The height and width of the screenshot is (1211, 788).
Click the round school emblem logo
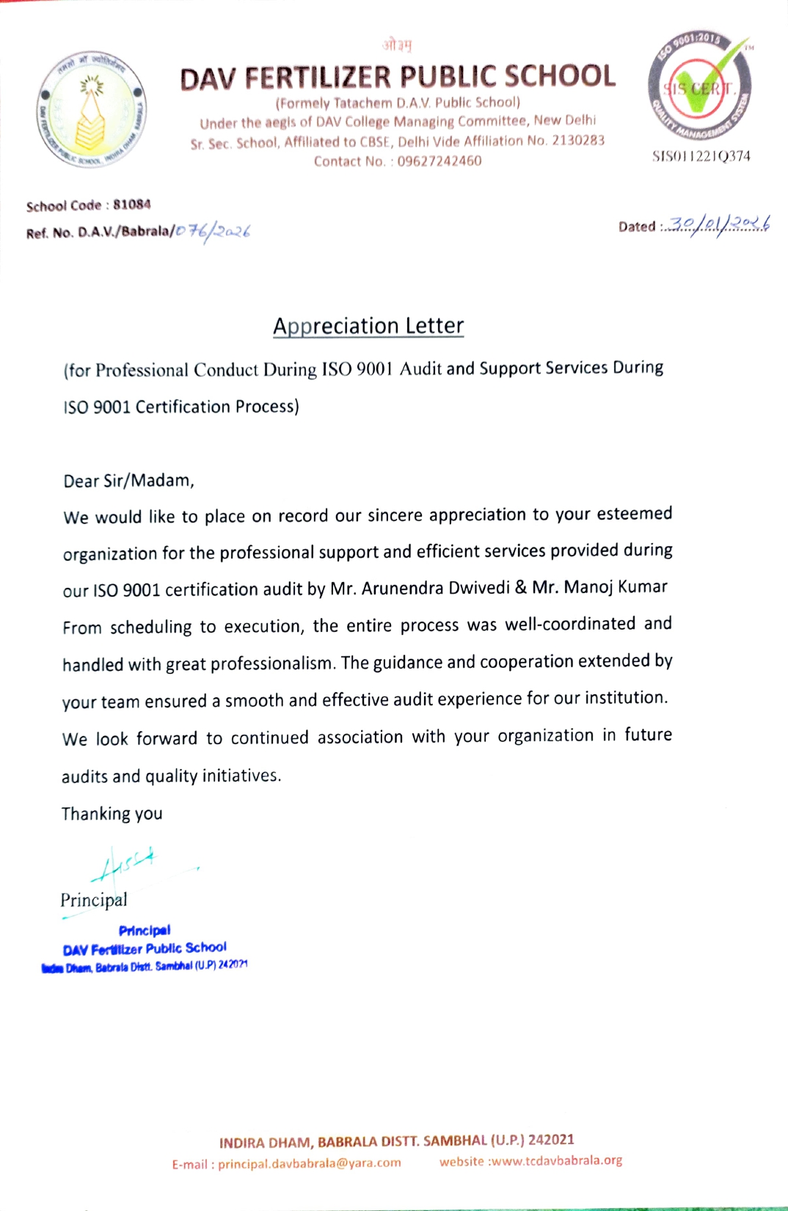pos(92,109)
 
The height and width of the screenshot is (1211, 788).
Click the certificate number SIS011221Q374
pos(701,156)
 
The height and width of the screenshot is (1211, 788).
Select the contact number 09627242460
pos(439,161)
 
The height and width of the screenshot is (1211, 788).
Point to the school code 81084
pos(132,204)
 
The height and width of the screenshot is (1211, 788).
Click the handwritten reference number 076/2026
pos(214,231)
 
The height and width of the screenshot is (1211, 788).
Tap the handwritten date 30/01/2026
pos(720,225)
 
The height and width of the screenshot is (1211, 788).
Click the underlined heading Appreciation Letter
pos(368,326)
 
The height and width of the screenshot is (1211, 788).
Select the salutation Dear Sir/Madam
pos(128,481)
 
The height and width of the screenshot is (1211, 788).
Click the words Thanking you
pos(112,813)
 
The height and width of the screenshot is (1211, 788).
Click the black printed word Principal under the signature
pos(93,900)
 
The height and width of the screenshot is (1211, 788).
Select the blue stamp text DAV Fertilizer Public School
pos(145,948)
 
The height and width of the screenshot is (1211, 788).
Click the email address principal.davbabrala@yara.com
pos(309,1163)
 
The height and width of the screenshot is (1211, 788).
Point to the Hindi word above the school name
pos(397,46)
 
